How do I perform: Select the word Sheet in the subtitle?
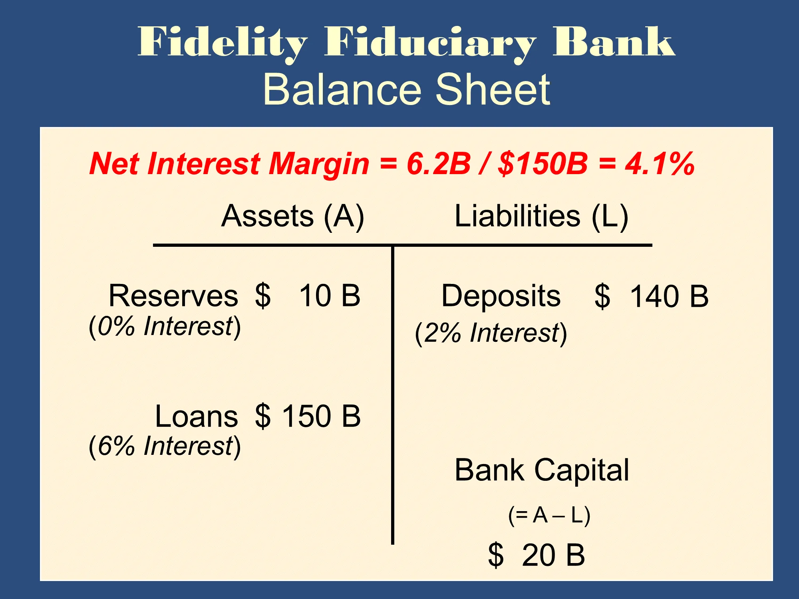pyautogui.click(x=493, y=89)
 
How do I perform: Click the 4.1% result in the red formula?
pyautogui.click(x=660, y=163)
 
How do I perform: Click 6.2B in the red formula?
pyautogui.click(x=439, y=163)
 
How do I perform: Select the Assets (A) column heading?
pyautogui.click(x=293, y=216)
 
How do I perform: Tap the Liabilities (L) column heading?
pyautogui.click(x=542, y=216)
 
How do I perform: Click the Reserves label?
pyautogui.click(x=173, y=296)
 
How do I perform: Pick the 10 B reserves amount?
pyautogui.click(x=330, y=296)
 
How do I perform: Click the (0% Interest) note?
pyautogui.click(x=165, y=327)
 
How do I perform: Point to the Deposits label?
pyautogui.click(x=501, y=296)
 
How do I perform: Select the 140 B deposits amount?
pyautogui.click(x=669, y=297)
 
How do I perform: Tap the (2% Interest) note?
pyautogui.click(x=491, y=333)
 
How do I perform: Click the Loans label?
pyautogui.click(x=197, y=416)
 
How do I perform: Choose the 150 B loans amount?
pyautogui.click(x=322, y=416)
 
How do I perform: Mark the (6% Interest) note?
pyautogui.click(x=165, y=446)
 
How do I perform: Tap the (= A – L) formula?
pyautogui.click(x=549, y=515)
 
